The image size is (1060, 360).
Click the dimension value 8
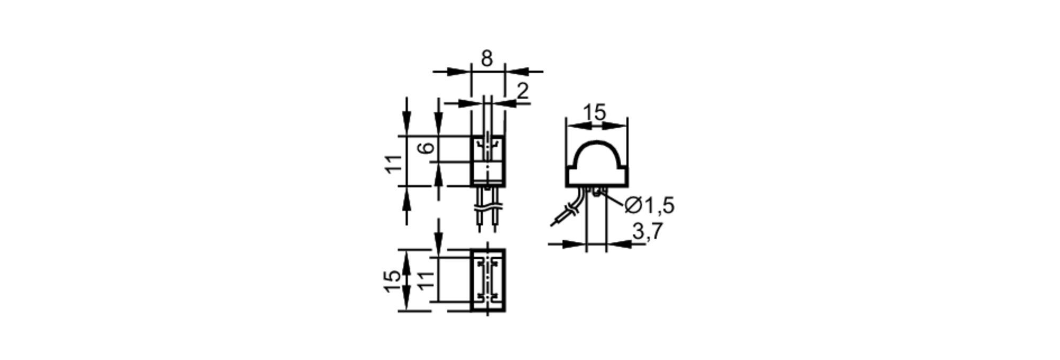pos(487,58)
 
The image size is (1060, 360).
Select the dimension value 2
pos(523,91)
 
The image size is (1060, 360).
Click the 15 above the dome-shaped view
pos(594,112)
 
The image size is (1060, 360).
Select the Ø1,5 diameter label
pos(650,205)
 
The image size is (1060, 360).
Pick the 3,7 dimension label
pos(648,231)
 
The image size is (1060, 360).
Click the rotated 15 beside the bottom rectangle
pos(392,280)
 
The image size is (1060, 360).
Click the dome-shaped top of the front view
pos(597,142)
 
